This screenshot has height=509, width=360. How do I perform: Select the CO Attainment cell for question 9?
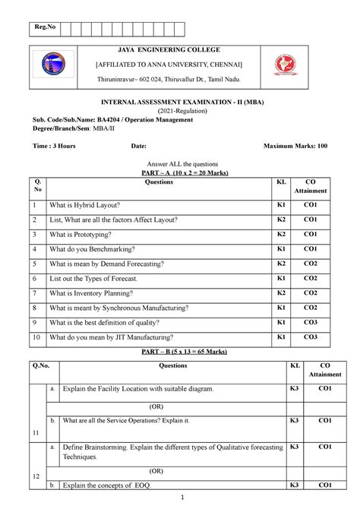311,321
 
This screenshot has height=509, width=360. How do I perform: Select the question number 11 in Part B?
36,432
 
